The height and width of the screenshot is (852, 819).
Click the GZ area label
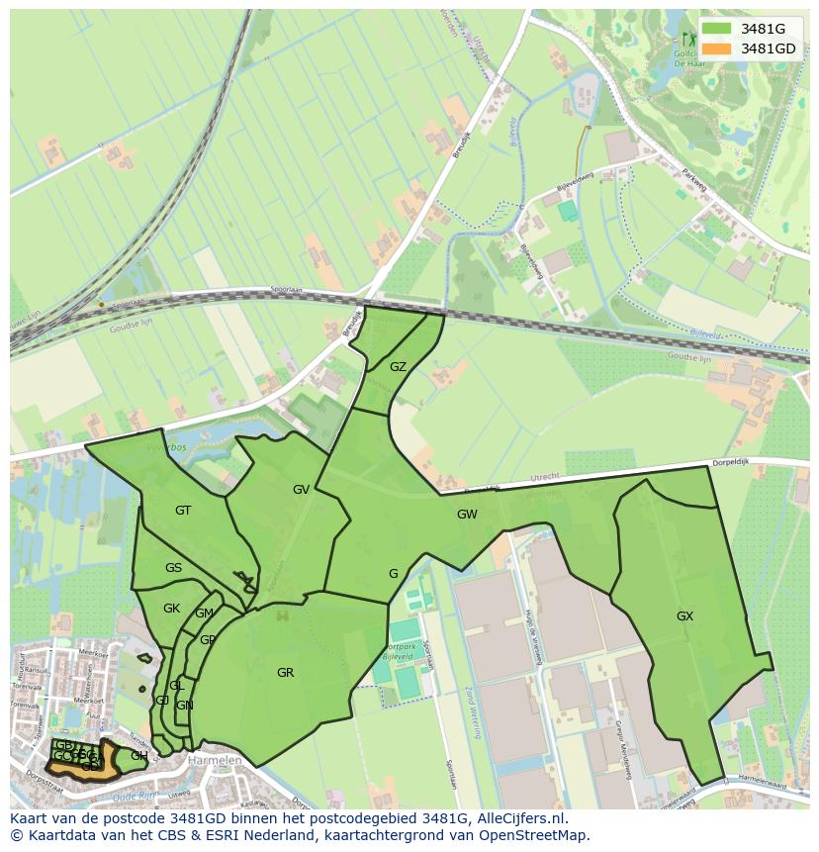point(398,366)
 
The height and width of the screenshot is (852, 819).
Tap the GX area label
point(684,615)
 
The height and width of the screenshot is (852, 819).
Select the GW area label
point(467,514)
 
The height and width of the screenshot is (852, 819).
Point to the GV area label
point(301,489)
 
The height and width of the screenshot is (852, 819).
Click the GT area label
point(183,510)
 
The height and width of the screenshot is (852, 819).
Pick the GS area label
point(173,567)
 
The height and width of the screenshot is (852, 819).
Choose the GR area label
point(285,672)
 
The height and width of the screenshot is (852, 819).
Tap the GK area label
point(171,608)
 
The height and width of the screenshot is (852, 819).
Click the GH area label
point(138,755)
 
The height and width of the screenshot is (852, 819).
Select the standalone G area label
point(393,573)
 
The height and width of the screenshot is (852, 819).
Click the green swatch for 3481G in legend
point(718,29)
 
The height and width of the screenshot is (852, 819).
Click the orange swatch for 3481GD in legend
point(718,47)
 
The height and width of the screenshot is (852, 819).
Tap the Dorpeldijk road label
point(734,462)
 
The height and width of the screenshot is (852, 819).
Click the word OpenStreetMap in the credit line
point(533,835)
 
